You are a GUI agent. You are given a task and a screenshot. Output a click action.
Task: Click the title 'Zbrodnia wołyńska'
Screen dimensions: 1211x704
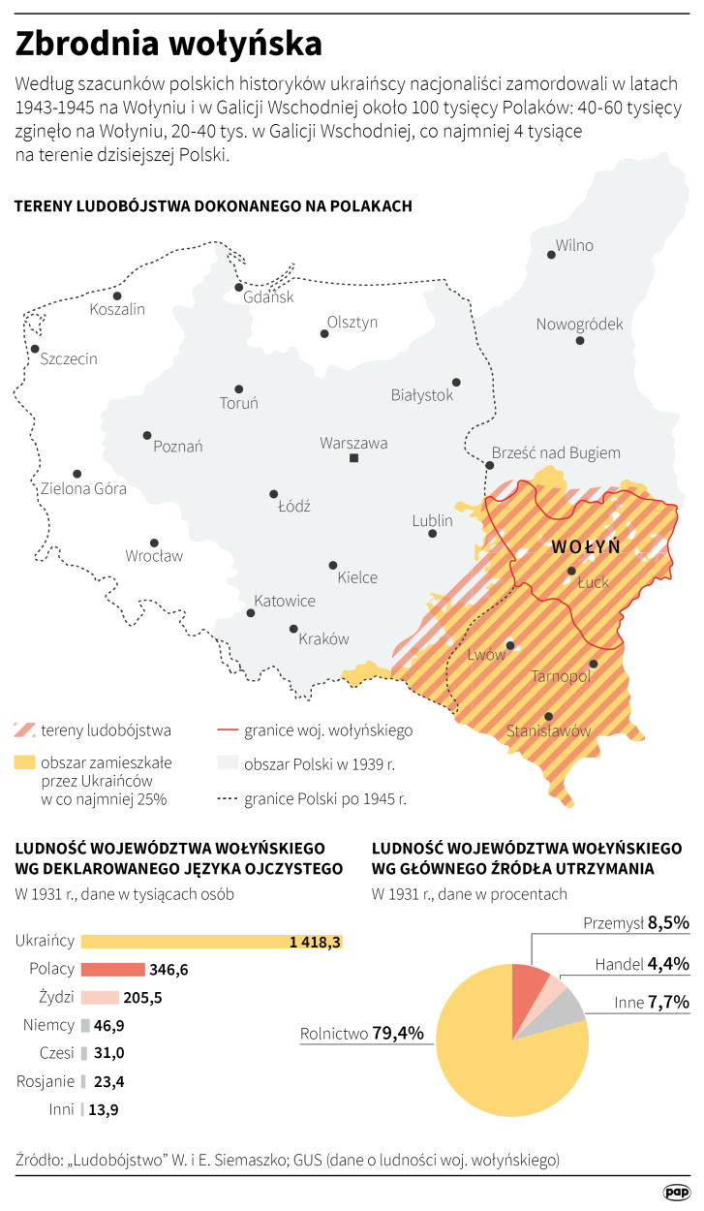click(168, 45)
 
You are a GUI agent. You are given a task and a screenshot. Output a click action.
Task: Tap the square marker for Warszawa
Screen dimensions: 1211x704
click(354, 458)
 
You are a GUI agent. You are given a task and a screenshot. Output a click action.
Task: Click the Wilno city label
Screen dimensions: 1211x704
click(573, 245)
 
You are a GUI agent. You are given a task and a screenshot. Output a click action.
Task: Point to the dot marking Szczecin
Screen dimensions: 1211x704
click(35, 349)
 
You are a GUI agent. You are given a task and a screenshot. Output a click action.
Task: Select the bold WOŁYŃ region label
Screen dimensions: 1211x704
click(585, 546)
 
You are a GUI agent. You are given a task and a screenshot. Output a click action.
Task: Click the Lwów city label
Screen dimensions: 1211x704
click(487, 655)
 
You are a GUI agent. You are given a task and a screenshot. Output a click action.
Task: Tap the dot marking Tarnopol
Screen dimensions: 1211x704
click(594, 664)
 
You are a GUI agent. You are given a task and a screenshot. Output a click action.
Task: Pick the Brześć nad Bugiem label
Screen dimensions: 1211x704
click(556, 452)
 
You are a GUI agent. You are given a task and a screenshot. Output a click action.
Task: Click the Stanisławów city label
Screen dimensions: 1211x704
click(548, 731)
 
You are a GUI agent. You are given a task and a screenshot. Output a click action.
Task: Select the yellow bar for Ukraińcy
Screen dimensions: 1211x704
click(212, 941)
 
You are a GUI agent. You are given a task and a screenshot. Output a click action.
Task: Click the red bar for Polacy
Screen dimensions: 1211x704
click(112, 969)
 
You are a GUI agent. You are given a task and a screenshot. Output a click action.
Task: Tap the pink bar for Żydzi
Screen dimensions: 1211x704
click(100, 997)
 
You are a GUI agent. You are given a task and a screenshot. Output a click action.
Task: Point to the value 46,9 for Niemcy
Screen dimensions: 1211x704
click(112, 1024)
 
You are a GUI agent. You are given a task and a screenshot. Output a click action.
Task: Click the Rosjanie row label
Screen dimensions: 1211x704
click(46, 1080)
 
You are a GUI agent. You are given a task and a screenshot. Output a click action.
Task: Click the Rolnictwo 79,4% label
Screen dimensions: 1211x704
click(362, 1033)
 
